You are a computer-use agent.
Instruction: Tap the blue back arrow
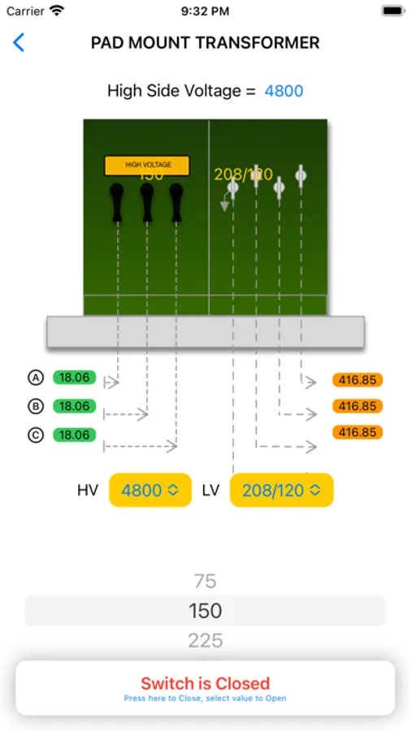point(19,43)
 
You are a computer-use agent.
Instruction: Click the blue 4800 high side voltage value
point(284,91)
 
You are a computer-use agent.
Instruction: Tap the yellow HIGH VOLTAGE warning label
point(147,166)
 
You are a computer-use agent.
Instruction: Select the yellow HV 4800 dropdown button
point(150,490)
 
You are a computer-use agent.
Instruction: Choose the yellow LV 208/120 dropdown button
point(281,490)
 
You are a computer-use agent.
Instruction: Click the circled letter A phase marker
point(35,378)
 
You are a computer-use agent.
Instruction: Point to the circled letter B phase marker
point(35,406)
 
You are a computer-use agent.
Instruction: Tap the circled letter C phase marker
point(35,435)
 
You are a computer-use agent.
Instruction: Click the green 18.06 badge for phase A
point(75,378)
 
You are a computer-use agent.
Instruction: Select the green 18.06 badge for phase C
point(75,435)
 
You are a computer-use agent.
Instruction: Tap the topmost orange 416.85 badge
point(358,380)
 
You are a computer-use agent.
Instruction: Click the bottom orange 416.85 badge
point(358,432)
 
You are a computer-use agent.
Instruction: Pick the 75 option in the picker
point(206,581)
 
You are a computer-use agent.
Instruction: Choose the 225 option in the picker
point(206,641)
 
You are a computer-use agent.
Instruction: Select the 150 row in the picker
point(206,611)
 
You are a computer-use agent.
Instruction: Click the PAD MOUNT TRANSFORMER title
point(206,43)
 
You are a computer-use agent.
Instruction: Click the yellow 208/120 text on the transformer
point(243,175)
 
